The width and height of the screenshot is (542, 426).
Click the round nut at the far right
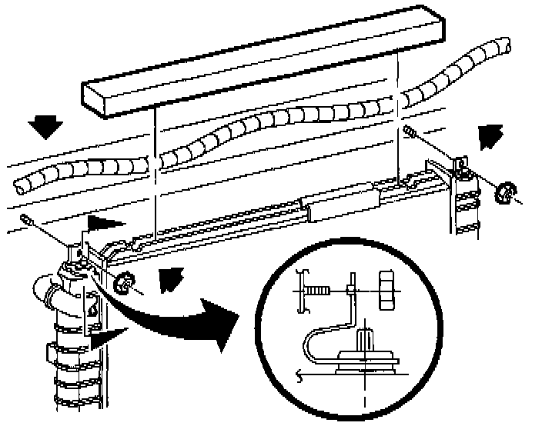505,192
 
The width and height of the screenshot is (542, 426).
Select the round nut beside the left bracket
121,285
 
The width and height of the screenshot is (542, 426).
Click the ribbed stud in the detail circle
366,340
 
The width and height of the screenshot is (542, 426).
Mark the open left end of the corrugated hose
20,184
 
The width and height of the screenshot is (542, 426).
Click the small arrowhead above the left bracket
100,225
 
